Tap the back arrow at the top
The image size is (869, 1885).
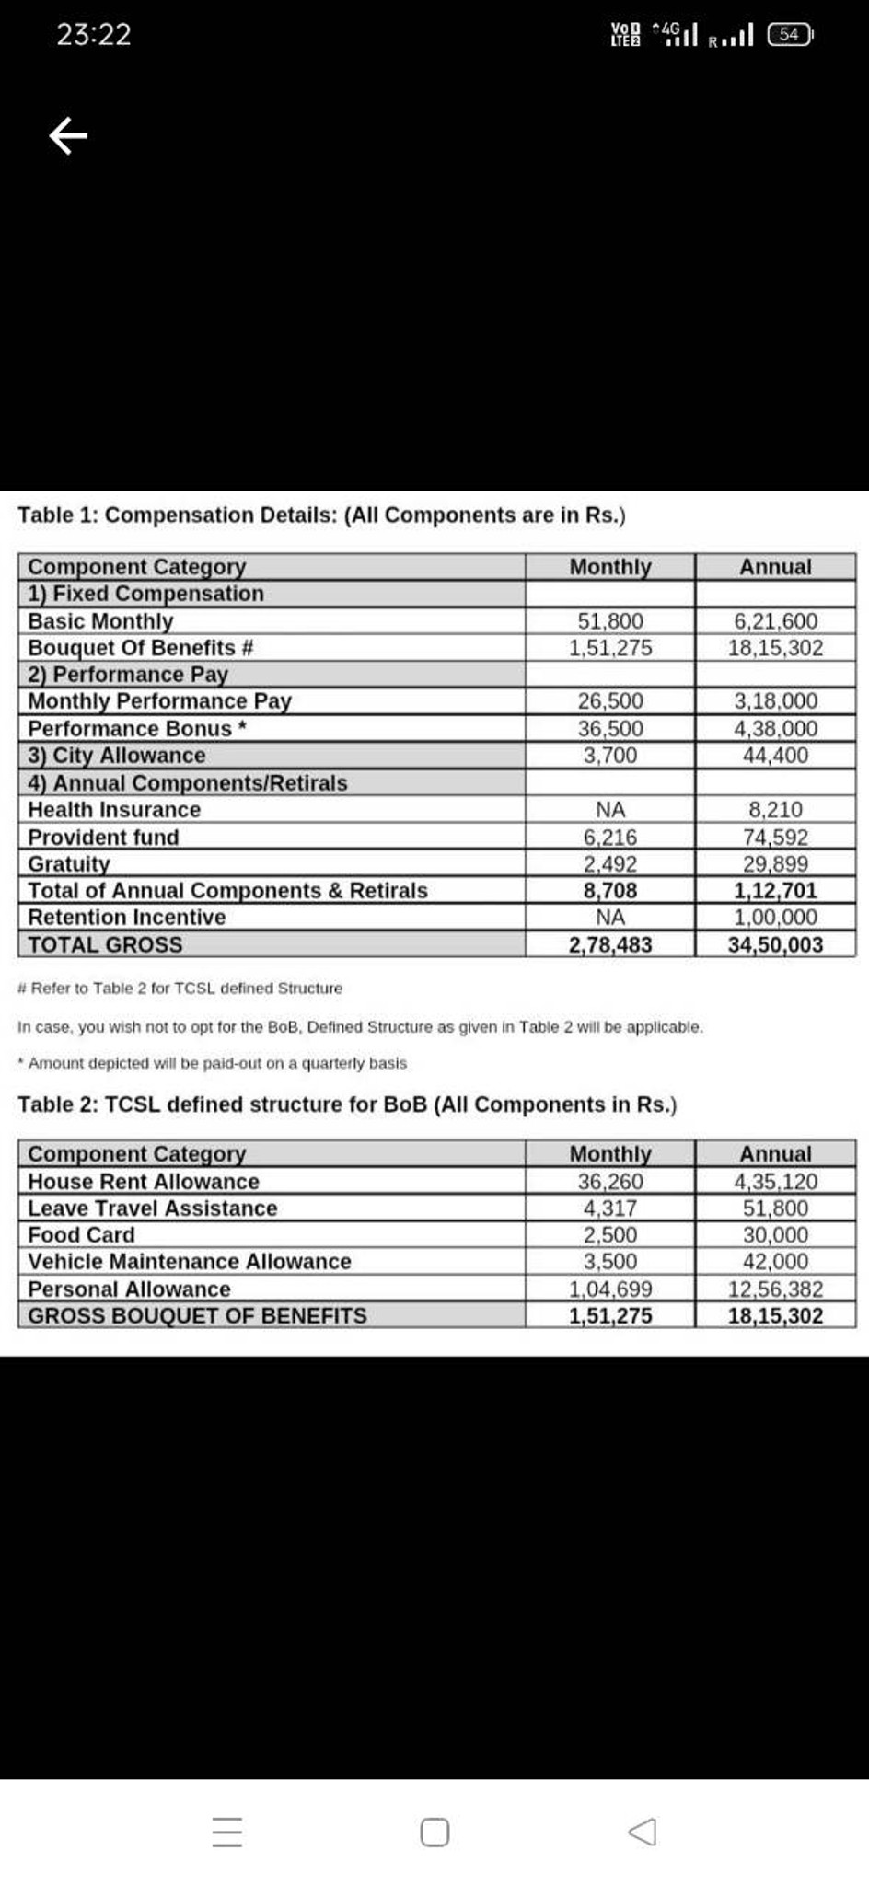coord(68,136)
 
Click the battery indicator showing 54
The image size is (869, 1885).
coord(790,35)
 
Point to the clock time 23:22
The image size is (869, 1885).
coord(94,35)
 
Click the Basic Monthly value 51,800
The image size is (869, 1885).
coord(609,621)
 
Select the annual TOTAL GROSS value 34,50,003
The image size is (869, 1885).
coord(775,944)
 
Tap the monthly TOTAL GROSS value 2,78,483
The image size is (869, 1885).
coord(609,944)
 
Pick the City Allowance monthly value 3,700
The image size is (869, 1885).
coord(609,756)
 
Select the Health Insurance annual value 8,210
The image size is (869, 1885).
coord(775,810)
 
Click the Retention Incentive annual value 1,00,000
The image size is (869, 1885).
coord(775,917)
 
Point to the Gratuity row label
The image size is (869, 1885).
coord(69,863)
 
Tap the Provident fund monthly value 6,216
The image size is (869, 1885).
coord(609,837)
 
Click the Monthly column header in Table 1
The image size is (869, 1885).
coord(609,567)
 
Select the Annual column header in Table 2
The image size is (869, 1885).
coord(775,1153)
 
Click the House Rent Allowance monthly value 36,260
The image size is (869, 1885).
coord(609,1181)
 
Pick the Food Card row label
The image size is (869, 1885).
coord(81,1234)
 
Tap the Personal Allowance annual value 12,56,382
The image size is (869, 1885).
coord(775,1289)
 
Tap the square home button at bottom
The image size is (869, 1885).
coord(434,1832)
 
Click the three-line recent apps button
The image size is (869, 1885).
coord(227,1832)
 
